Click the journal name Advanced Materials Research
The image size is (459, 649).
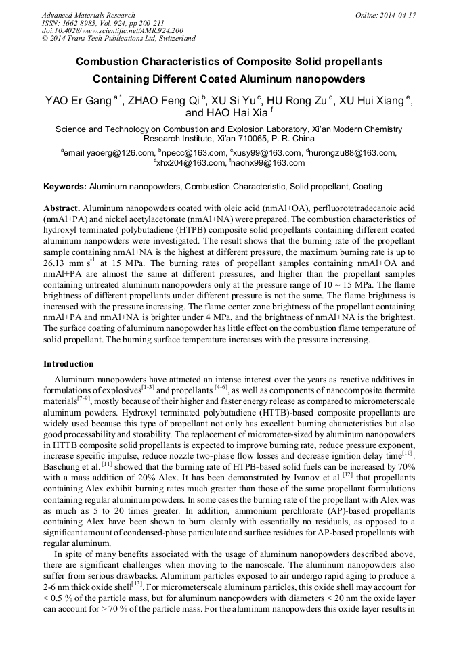(x=88, y=15)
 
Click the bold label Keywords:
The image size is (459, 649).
(x=65, y=186)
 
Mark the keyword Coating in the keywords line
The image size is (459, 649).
(x=366, y=186)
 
